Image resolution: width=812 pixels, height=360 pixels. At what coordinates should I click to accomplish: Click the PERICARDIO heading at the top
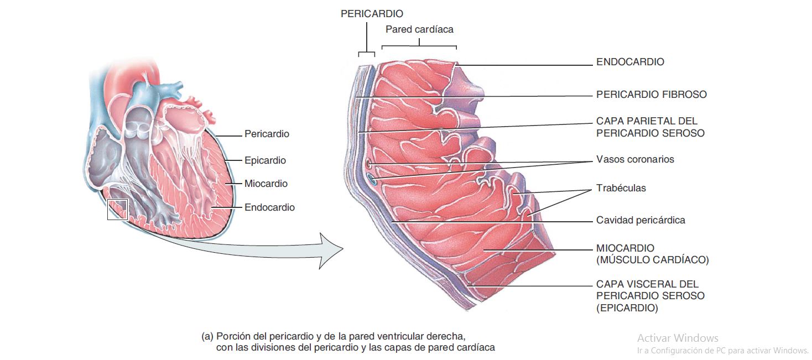click(x=372, y=14)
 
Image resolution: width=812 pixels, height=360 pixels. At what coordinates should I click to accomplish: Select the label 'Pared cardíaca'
click(x=419, y=29)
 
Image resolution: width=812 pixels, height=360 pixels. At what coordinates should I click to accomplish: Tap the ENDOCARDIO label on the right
click(x=630, y=62)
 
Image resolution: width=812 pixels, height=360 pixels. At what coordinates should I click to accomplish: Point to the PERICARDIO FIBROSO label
click(x=652, y=95)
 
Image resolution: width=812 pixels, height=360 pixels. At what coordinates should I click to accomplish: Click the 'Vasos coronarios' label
click(x=635, y=159)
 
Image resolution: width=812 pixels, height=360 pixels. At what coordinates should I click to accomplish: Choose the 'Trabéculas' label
click(x=621, y=188)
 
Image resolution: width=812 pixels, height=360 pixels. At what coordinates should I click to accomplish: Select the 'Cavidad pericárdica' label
click(x=641, y=220)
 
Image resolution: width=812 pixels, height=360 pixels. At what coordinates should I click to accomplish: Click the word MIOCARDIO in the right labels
click(x=625, y=248)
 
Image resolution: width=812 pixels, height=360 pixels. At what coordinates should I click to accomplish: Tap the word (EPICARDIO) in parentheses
click(x=627, y=308)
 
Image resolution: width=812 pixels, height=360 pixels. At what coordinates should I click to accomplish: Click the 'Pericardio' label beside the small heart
click(x=267, y=134)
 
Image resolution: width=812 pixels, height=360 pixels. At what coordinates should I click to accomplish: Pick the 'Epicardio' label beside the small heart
click(x=265, y=160)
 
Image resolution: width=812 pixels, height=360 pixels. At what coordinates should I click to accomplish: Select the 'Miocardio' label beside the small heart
click(x=266, y=184)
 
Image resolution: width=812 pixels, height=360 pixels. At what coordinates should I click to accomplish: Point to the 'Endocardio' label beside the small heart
click(x=269, y=207)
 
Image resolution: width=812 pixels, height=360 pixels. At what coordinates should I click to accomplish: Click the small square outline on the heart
click(x=108, y=210)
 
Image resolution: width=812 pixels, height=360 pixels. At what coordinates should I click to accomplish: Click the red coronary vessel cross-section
click(x=368, y=164)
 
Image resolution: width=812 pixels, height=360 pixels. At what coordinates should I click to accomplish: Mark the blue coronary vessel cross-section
click(x=371, y=179)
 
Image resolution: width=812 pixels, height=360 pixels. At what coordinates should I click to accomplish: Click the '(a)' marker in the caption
click(x=207, y=336)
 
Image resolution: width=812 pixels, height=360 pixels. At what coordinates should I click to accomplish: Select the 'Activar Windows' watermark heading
click(x=678, y=338)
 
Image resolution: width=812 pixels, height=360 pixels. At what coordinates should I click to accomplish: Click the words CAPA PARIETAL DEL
click(x=647, y=121)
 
